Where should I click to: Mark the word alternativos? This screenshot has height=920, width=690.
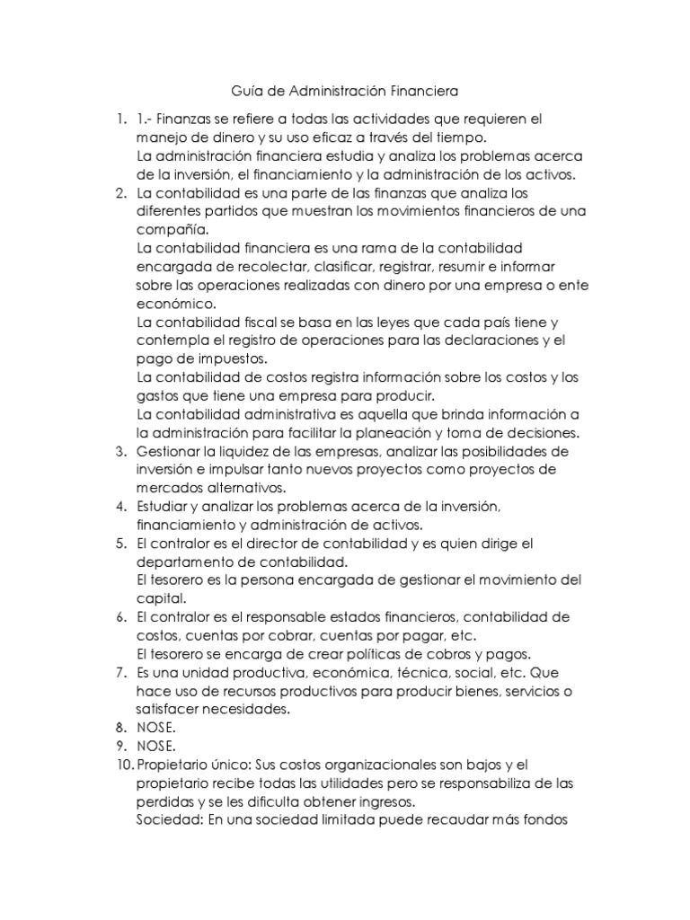(243, 488)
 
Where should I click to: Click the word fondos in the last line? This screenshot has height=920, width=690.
(541, 820)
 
